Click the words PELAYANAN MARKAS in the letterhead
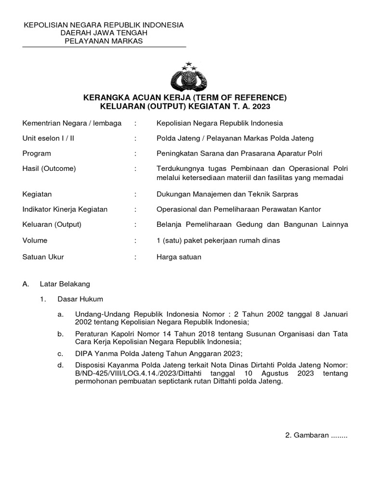point(104,41)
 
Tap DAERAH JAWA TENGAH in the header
point(104,33)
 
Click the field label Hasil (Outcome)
point(49,169)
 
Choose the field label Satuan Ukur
point(43,257)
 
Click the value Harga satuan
point(179,257)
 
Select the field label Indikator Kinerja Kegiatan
point(65,209)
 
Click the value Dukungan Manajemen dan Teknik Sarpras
point(227,194)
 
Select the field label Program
point(37,154)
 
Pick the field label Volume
point(35,240)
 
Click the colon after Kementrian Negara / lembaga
point(136,123)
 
